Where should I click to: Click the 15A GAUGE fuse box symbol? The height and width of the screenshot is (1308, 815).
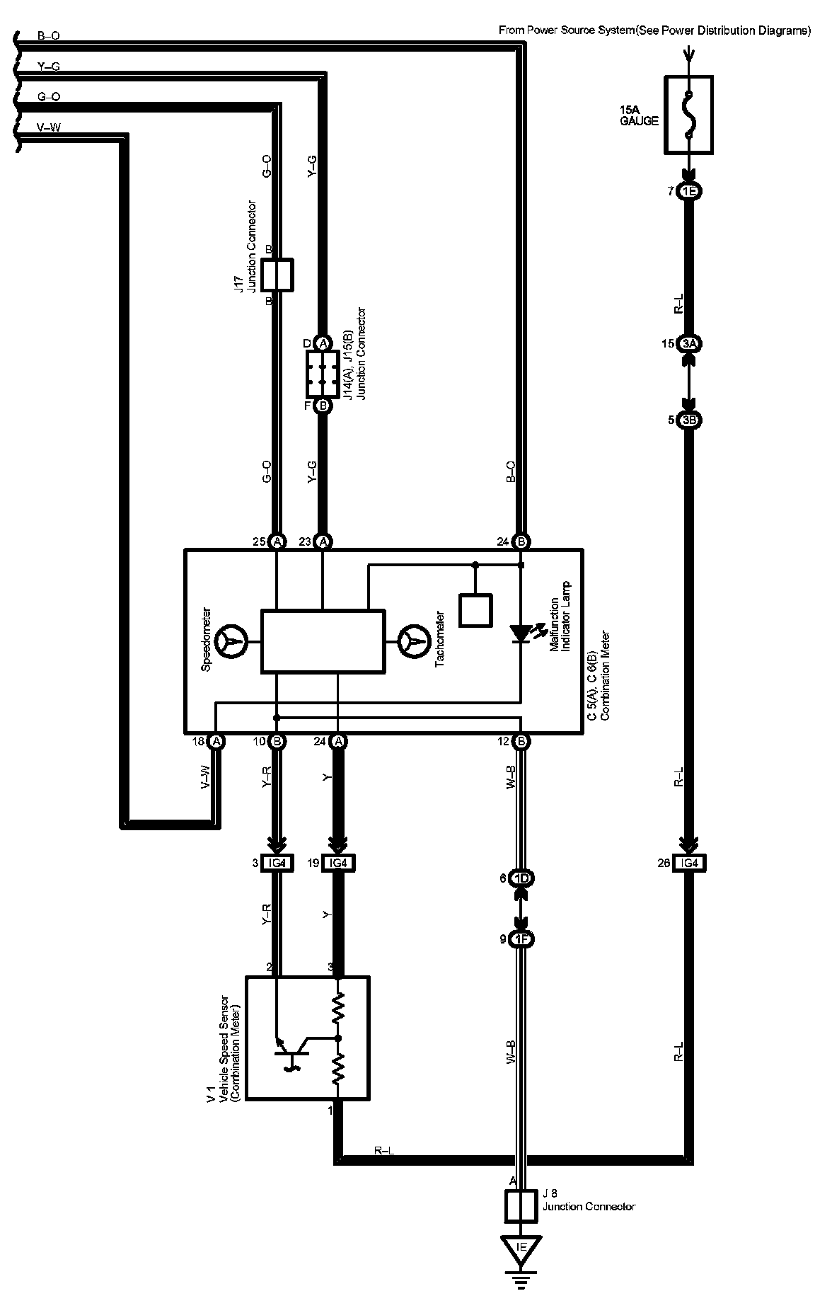point(688,115)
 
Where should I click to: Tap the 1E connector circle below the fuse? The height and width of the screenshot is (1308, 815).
point(689,191)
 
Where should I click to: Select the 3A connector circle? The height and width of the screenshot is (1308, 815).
point(689,344)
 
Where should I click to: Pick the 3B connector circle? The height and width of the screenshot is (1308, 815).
point(689,420)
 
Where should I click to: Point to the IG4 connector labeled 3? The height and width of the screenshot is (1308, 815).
point(277,863)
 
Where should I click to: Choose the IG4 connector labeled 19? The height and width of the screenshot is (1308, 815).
point(338,863)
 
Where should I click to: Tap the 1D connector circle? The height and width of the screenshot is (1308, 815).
point(521,878)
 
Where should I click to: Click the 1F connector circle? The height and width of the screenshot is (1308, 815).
point(521,939)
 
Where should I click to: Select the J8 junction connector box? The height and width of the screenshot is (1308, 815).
point(521,1206)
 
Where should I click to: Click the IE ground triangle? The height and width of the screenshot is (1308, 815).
point(521,1246)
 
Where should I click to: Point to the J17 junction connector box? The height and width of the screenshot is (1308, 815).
point(277,275)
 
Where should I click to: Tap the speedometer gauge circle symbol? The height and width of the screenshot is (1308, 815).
point(231,642)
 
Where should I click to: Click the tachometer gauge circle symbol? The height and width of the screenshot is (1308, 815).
point(415,642)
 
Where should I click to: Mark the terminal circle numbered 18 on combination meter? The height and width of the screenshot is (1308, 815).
point(216,741)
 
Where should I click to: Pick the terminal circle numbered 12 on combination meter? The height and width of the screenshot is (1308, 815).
point(521,741)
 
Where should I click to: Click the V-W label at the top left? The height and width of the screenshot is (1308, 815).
point(48,127)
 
